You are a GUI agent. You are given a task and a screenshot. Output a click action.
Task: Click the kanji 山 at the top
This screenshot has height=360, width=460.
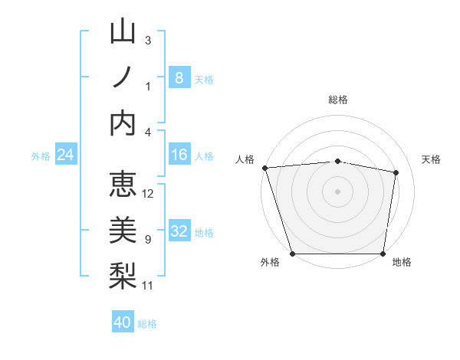click(x=123, y=32)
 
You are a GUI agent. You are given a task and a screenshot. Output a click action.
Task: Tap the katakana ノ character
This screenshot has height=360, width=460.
click(x=123, y=77)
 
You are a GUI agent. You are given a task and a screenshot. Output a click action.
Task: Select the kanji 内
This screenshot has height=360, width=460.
click(x=123, y=123)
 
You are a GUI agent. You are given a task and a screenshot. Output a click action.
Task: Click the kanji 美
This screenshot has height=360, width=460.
click(x=123, y=231)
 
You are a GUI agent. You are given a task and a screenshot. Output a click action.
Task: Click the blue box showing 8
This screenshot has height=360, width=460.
click(x=179, y=77)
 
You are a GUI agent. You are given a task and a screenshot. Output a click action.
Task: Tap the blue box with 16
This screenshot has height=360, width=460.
click(x=179, y=155)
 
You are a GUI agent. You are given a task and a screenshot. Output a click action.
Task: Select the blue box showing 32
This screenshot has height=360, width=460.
click(x=179, y=231)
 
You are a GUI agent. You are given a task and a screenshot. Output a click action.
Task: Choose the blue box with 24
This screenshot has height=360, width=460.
click(x=66, y=155)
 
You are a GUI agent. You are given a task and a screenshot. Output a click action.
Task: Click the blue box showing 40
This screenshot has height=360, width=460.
click(x=123, y=322)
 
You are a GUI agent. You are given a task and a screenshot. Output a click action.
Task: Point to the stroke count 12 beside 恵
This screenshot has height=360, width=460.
click(x=149, y=194)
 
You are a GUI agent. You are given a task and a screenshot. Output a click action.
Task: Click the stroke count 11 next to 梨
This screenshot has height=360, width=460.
click(x=149, y=286)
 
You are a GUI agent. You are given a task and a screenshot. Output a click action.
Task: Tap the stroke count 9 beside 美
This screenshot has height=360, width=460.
click(x=148, y=240)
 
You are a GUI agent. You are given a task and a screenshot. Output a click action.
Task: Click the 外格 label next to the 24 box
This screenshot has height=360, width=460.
click(x=41, y=156)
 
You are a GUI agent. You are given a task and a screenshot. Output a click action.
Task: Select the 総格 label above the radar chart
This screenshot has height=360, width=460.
click(x=337, y=100)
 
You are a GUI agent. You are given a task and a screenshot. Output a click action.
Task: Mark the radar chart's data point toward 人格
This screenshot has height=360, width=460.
click(x=264, y=167)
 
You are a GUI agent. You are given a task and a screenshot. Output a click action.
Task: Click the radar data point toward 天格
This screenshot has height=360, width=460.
click(x=396, y=172)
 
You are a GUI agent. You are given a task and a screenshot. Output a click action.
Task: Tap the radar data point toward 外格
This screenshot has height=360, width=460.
click(x=292, y=254)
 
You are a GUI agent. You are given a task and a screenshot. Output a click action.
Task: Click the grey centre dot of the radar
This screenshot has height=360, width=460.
click(x=337, y=191)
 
